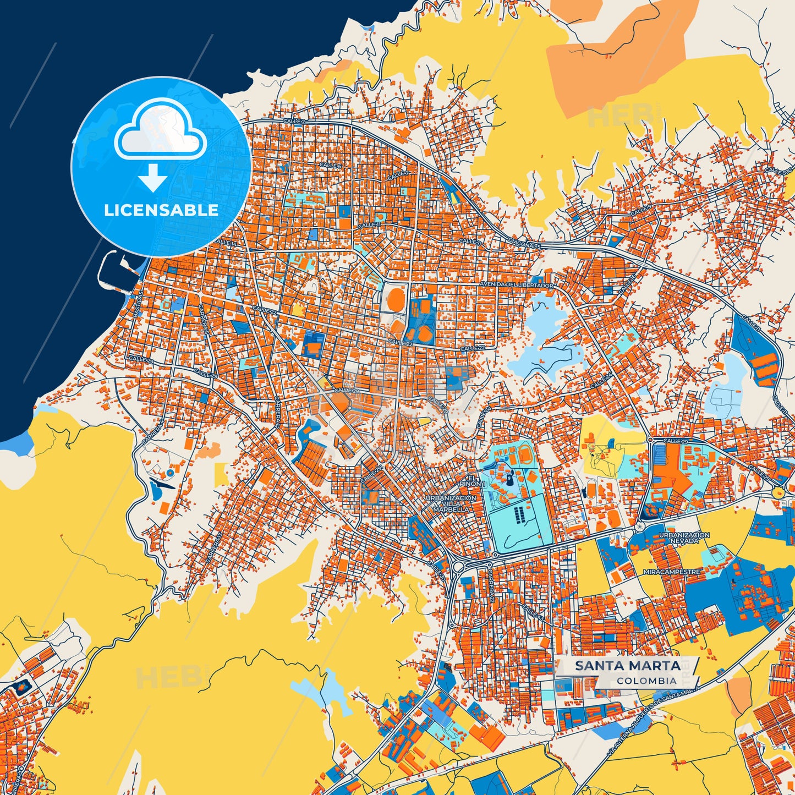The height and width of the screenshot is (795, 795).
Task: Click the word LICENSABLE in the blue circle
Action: tap(161, 210)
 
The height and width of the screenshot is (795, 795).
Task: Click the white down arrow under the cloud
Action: tap(153, 178)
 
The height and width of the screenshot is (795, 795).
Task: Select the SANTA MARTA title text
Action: tap(627, 666)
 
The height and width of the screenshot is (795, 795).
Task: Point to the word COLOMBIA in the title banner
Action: tap(646, 681)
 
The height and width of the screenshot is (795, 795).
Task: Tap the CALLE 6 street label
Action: tap(330, 165)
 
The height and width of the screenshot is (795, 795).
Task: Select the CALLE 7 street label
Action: tap(398, 176)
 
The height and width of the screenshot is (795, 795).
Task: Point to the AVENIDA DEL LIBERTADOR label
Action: tap(517, 285)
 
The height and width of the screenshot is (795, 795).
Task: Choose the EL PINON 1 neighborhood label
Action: tap(474, 480)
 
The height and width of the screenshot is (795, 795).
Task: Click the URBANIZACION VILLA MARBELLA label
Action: tap(451, 503)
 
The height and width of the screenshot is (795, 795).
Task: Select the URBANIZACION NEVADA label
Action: tap(684, 538)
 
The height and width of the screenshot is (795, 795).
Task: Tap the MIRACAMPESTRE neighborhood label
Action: tap(672, 572)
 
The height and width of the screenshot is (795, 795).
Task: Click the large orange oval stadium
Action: tap(396, 300)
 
